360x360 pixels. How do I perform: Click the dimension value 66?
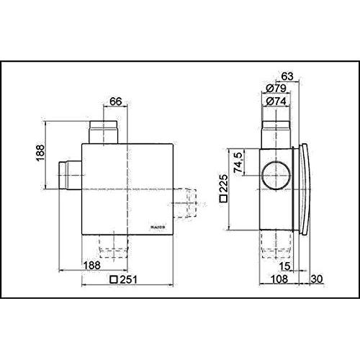coord(115,102)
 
